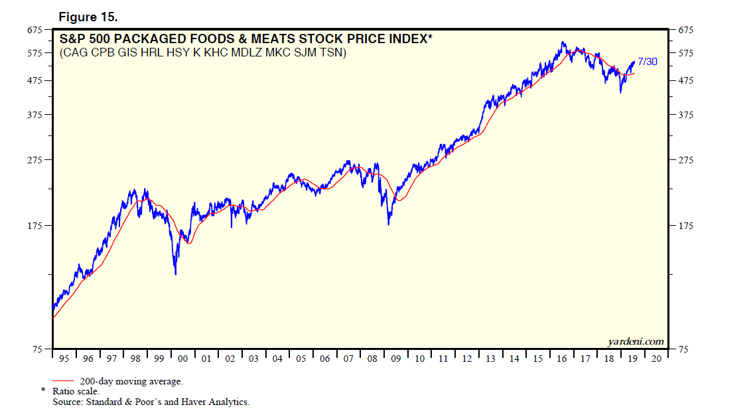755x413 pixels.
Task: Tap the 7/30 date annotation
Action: pos(647,62)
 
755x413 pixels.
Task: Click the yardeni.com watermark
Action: pos(635,341)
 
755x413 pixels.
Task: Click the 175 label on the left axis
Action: pos(34,226)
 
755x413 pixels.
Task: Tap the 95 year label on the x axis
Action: pos(64,359)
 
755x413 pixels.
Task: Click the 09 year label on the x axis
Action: pos(396,359)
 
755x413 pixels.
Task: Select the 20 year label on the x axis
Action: pos(656,359)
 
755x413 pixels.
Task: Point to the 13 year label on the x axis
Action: pos(491,359)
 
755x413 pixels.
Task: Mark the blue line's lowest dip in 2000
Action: pos(175,274)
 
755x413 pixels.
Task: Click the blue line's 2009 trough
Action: pos(388,224)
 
